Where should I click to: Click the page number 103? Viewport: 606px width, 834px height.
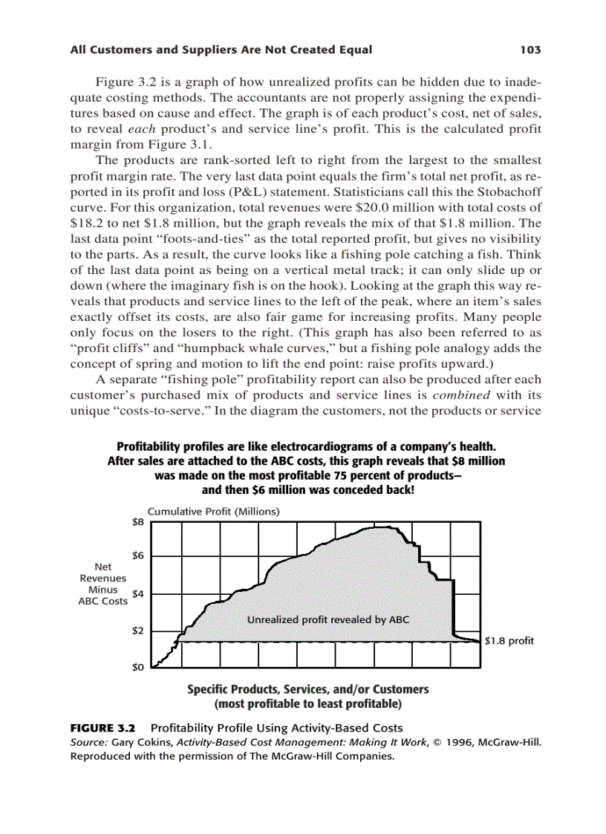(x=530, y=51)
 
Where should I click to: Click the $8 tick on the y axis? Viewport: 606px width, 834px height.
(x=138, y=521)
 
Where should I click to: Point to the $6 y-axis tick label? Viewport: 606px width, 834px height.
(x=138, y=556)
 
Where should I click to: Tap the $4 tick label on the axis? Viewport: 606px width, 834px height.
(x=138, y=594)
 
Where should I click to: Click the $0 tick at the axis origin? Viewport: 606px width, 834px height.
(x=138, y=667)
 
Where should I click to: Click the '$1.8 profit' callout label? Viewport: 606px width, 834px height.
(x=509, y=640)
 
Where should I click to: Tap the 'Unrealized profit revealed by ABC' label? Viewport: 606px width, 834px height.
(x=328, y=619)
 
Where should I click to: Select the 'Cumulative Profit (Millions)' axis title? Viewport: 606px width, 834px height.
(x=213, y=512)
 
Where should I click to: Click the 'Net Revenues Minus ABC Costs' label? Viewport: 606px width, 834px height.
(x=103, y=584)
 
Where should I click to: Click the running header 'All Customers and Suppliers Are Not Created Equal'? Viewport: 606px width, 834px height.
(x=221, y=51)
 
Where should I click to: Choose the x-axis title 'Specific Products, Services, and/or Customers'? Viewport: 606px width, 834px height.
(x=307, y=689)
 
